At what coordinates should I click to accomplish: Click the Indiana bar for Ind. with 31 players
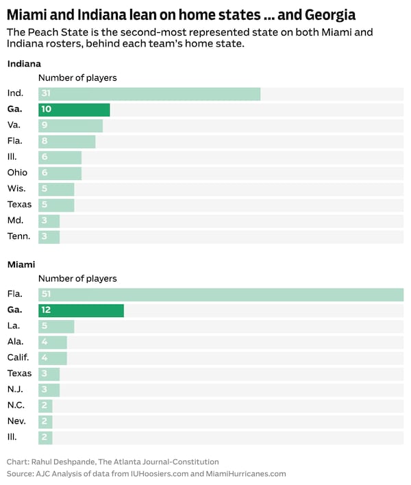pyautogui.click(x=149, y=94)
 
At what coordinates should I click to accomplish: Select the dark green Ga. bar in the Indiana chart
pyautogui.click(x=74, y=110)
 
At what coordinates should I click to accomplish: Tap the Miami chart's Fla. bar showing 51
pyautogui.click(x=221, y=295)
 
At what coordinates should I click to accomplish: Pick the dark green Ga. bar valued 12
pyautogui.click(x=81, y=310)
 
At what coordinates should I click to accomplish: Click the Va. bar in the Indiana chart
pyautogui.click(x=71, y=125)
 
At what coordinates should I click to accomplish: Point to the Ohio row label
pyautogui.click(x=17, y=173)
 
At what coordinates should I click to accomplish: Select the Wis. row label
pyautogui.click(x=16, y=188)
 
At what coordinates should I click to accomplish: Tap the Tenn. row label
pyautogui.click(x=18, y=236)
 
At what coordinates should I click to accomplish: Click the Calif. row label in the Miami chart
pyautogui.click(x=18, y=358)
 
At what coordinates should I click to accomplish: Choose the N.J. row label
pyautogui.click(x=15, y=389)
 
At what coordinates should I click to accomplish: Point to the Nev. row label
pyautogui.click(x=16, y=421)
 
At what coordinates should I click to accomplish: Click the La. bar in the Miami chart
pyautogui.click(x=56, y=326)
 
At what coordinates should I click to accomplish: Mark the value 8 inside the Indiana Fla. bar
pyautogui.click(x=45, y=141)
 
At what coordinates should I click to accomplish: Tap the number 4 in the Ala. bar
pyautogui.click(x=45, y=342)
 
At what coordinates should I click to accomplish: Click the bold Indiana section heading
pyautogui.click(x=24, y=64)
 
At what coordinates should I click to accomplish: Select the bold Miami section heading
pyautogui.click(x=21, y=264)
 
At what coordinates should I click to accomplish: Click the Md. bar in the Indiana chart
pyautogui.click(x=49, y=221)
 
